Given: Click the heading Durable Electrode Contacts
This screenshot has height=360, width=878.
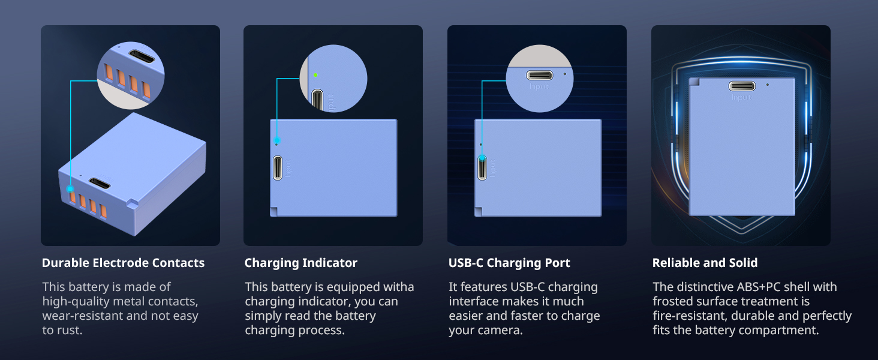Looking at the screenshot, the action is [x=123, y=263].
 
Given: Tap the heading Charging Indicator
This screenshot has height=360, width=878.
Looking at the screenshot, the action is [x=301, y=263].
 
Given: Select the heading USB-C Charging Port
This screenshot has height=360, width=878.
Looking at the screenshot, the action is [x=509, y=263].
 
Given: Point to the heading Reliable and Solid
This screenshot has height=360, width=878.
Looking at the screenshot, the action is [x=705, y=263].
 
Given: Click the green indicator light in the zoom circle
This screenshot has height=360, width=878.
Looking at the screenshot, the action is [x=315, y=75].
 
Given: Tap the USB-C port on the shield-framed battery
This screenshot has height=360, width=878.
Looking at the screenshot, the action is [x=742, y=86].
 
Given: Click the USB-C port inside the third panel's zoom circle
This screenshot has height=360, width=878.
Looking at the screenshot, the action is [x=539, y=75].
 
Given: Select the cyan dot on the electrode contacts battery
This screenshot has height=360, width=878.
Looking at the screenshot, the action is [x=70, y=188].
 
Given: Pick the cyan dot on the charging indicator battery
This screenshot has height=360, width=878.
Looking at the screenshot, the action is [x=277, y=140].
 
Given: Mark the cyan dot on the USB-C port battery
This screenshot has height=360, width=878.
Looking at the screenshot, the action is [x=482, y=158].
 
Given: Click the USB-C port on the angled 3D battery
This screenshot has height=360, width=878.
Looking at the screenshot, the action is [x=99, y=183].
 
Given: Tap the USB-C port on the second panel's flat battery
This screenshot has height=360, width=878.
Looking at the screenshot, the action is [x=278, y=168].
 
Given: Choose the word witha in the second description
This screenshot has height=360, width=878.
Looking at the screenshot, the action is [x=398, y=287].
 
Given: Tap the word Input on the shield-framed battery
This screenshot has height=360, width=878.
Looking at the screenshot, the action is [x=742, y=97].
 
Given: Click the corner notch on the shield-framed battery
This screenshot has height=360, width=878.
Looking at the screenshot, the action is [x=694, y=82].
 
